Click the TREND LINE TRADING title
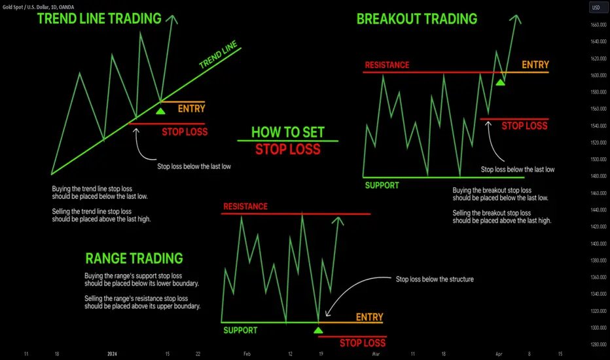99,18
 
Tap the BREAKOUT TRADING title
417,18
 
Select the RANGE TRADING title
134,259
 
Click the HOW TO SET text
288,132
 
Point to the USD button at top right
597,8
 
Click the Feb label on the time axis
247,353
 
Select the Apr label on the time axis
499,353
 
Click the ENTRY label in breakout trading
535,65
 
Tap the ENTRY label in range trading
369,317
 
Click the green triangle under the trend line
161,111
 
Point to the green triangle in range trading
318,329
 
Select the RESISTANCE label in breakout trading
387,65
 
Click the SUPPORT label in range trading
240,330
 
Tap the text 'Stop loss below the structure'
435,279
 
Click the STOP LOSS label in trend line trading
185,132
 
